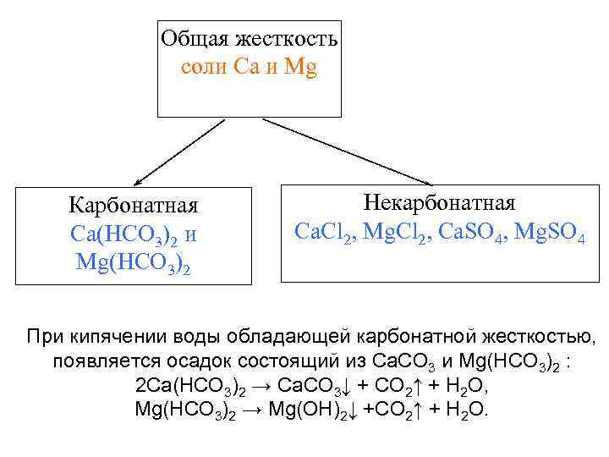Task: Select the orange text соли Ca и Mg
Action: pos(249,68)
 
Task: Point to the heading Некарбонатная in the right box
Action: pos(439,203)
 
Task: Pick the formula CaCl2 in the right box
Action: pos(323,231)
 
